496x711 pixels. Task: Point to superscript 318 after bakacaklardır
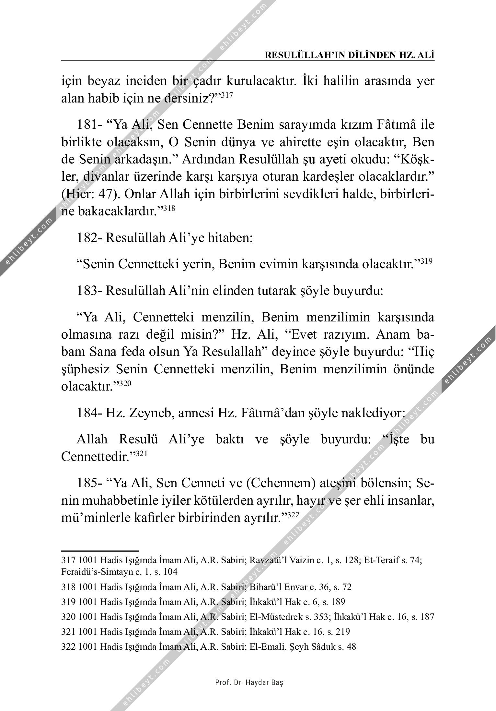[x=169, y=209]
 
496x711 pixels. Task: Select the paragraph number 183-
[x=89, y=291]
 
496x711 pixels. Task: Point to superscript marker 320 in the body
[x=125, y=384]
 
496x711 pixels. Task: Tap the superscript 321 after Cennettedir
[x=141, y=454]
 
